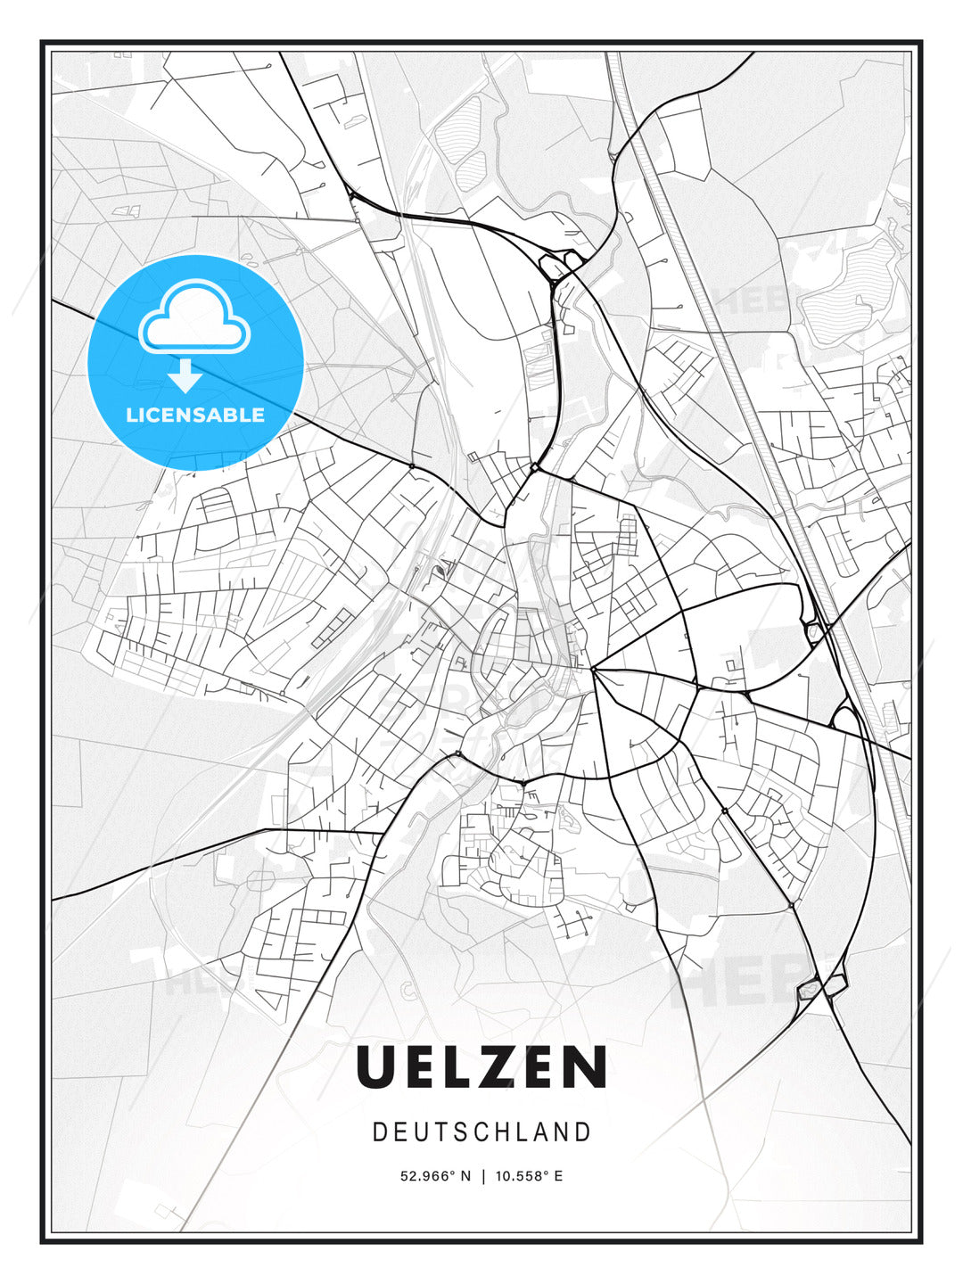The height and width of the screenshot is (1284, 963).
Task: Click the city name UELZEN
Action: [x=481, y=1067]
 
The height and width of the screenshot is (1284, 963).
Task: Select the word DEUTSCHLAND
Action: [x=481, y=1132]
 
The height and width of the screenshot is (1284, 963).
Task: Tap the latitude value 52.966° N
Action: [x=435, y=1176]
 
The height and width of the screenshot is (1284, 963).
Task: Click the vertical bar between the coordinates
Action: [x=483, y=1176]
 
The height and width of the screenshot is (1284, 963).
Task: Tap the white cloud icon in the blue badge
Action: [x=194, y=318]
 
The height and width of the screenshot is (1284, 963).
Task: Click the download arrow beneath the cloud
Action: [x=185, y=377]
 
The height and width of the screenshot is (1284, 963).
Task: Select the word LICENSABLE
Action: [x=195, y=415]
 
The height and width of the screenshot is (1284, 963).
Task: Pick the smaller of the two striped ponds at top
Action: [x=473, y=169]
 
